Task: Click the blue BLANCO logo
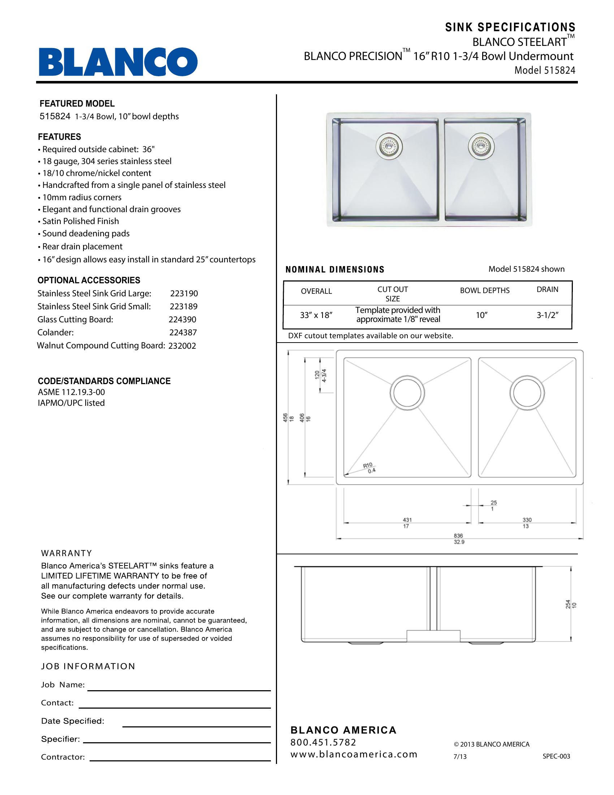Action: [118, 61]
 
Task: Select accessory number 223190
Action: [184, 293]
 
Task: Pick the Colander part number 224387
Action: [183, 332]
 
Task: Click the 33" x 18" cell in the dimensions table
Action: [316, 315]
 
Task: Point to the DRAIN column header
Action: [548, 289]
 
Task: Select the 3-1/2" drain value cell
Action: [548, 315]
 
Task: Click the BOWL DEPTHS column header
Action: [484, 291]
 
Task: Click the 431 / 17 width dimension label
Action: [407, 523]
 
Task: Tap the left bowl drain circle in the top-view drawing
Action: [407, 393]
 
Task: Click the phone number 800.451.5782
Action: [323, 742]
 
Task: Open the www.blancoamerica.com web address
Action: [354, 754]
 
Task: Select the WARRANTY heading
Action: [66, 553]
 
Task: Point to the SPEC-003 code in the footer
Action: [556, 756]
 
